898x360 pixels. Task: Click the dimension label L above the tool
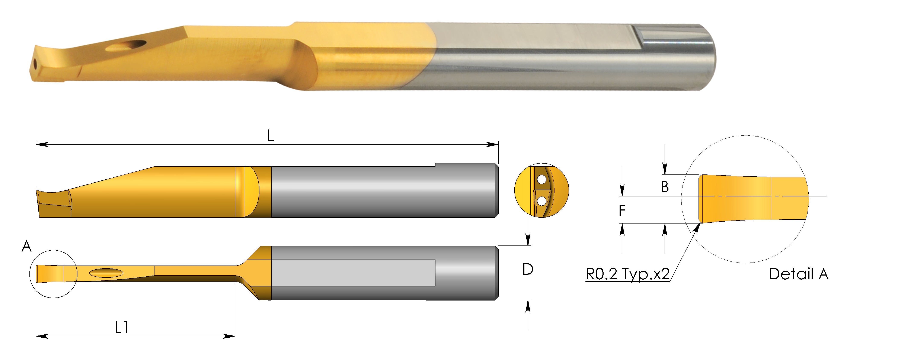pyautogui.click(x=271, y=136)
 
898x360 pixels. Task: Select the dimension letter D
pyautogui.click(x=528, y=269)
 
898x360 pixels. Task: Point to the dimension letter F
pyautogui.click(x=622, y=210)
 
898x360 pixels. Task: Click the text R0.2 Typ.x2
pyautogui.click(x=627, y=274)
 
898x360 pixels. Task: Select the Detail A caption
pyautogui.click(x=798, y=274)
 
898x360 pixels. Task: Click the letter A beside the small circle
pyautogui.click(x=26, y=247)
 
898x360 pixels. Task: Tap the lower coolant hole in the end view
pyautogui.click(x=542, y=201)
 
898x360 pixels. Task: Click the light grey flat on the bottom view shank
pyautogui.click(x=352, y=273)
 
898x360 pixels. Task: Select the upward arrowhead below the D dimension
pyautogui.click(x=528, y=305)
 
